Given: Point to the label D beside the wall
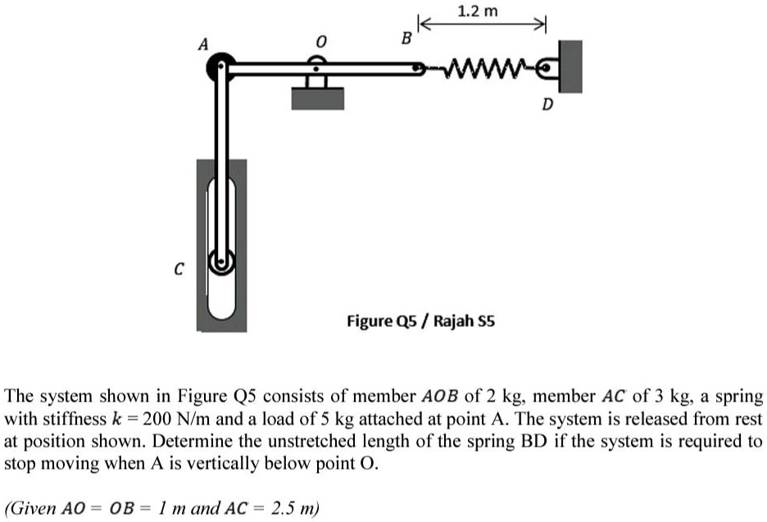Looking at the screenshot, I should click(x=547, y=105).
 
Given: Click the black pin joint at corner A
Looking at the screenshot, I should click(x=220, y=69).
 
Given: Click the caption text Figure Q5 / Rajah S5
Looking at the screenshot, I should click(x=420, y=320).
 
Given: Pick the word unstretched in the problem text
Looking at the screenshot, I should click(x=303, y=440).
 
